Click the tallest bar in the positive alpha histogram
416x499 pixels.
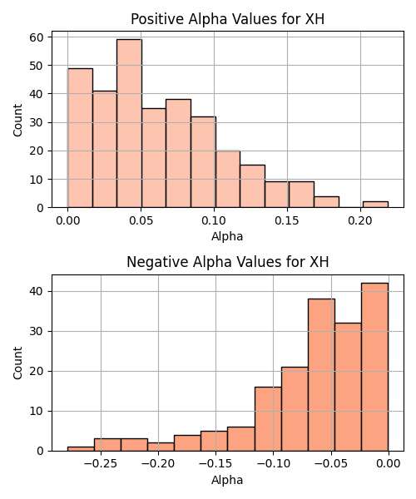pyautogui.click(x=129, y=123)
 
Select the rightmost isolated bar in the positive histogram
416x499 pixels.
pyautogui.click(x=375, y=205)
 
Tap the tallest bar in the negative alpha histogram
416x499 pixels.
pyautogui.click(x=374, y=367)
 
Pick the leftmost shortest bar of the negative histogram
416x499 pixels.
pyautogui.click(x=81, y=449)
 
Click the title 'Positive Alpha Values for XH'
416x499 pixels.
pyautogui.click(x=228, y=19)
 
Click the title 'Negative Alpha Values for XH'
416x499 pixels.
pyautogui.click(x=228, y=262)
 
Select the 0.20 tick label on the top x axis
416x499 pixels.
pyautogui.click(x=360, y=220)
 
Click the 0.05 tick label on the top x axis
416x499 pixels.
pyautogui.click(x=141, y=220)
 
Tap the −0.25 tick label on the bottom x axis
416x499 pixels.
pyautogui.click(x=101, y=464)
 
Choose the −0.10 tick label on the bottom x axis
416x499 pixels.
pyautogui.click(x=274, y=464)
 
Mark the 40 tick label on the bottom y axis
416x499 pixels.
pyautogui.click(x=37, y=291)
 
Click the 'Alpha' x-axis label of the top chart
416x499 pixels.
pyautogui.click(x=227, y=236)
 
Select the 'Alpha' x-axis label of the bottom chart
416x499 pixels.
pyautogui.click(x=227, y=480)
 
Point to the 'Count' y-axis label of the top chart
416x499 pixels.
pyautogui.click(x=17, y=120)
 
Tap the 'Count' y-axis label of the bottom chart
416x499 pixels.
pyautogui.click(x=17, y=363)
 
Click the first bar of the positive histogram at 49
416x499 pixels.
pyautogui.click(x=80, y=138)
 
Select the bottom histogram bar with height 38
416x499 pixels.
pyautogui.click(x=321, y=375)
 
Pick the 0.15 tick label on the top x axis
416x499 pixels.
pyautogui.click(x=287, y=220)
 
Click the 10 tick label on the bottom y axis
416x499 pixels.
pyautogui.click(x=37, y=411)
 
